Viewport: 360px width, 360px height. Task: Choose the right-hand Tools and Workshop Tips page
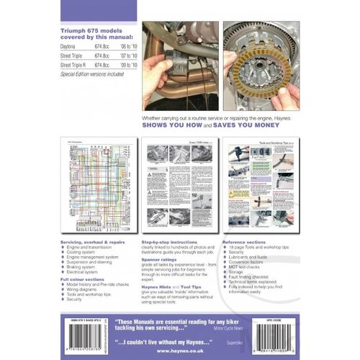(261, 189)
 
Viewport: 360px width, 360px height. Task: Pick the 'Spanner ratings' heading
(160, 261)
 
